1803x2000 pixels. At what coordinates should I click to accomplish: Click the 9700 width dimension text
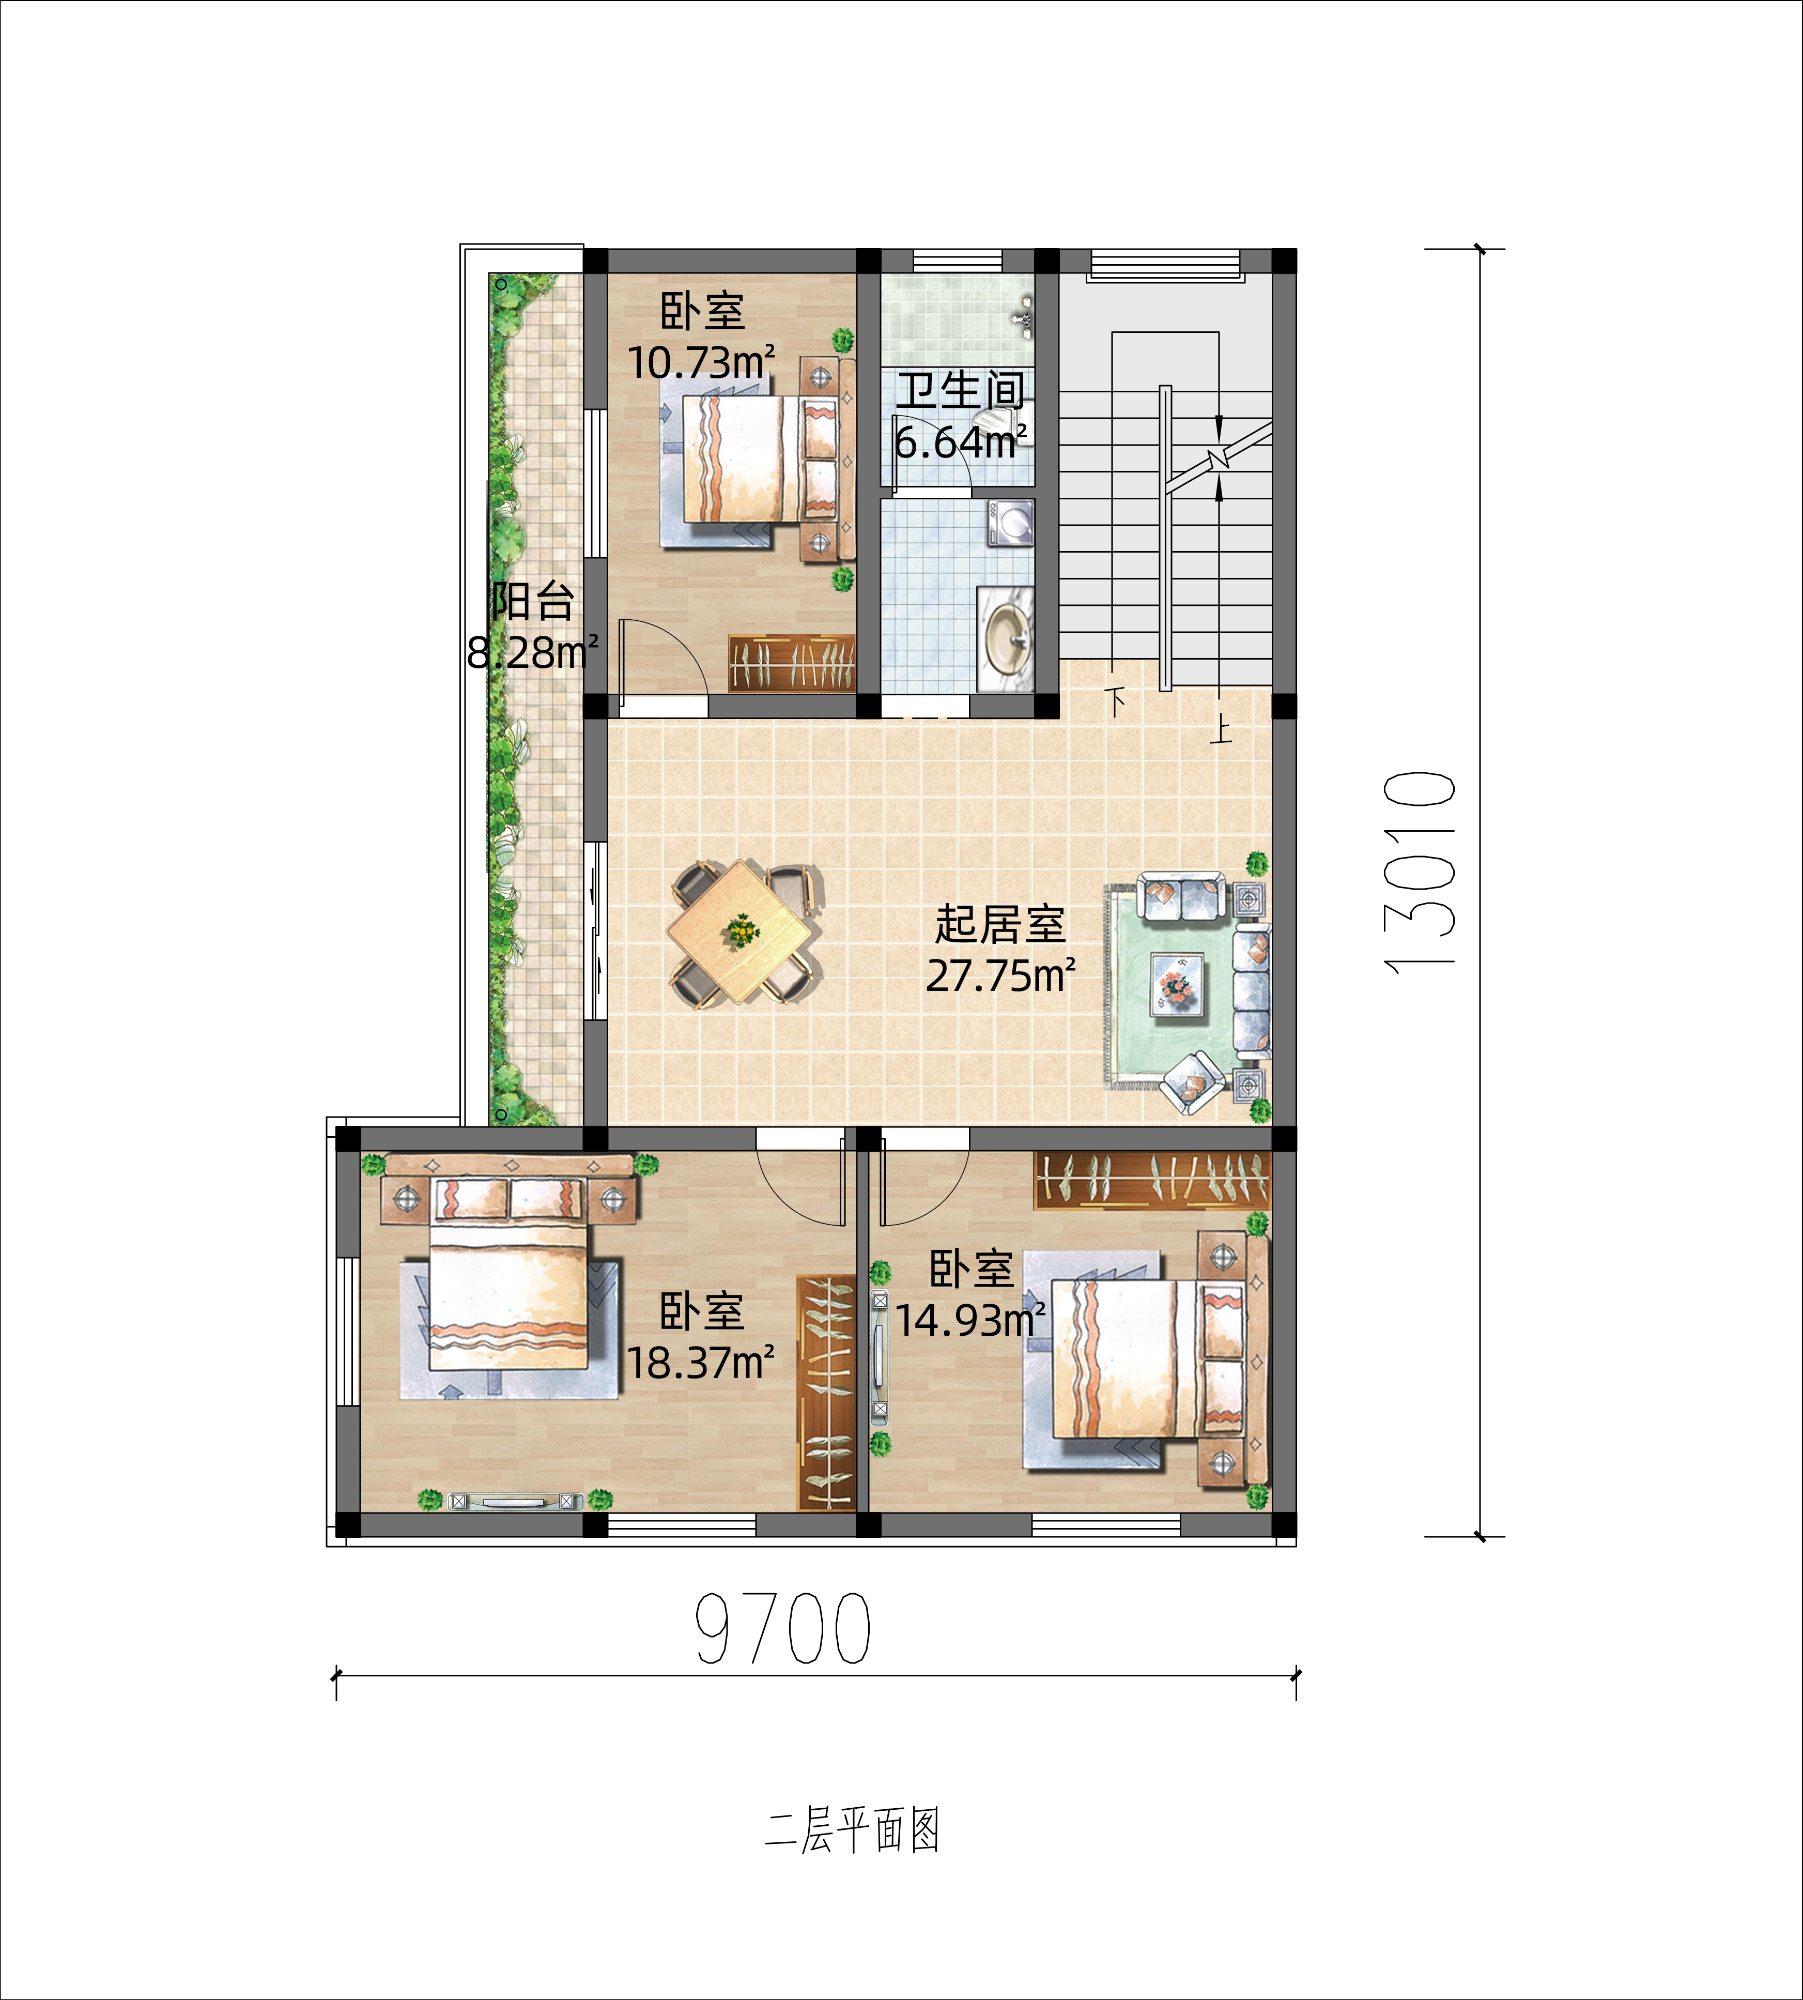click(782, 1628)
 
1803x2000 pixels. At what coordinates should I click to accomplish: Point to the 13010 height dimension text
click(1420, 872)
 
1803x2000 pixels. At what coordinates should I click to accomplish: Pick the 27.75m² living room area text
click(1000, 976)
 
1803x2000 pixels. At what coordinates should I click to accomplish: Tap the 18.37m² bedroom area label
click(700, 1364)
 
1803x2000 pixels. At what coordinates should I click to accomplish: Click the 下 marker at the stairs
click(1116, 701)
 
